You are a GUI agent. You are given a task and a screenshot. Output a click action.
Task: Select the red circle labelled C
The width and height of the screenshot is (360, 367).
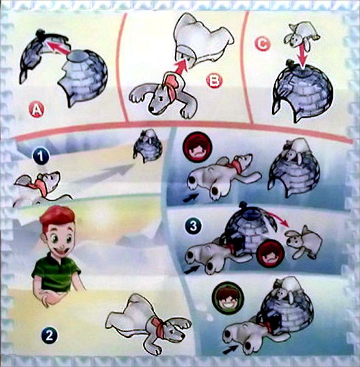pyautogui.click(x=262, y=43)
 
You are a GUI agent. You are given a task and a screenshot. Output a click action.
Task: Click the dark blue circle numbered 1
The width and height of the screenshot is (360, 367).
pyautogui.click(x=41, y=157)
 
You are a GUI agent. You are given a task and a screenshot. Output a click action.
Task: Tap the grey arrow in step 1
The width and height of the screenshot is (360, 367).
pyautogui.click(x=102, y=173)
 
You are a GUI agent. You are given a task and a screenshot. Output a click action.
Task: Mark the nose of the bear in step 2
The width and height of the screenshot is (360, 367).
pyautogui.click(x=181, y=337)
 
